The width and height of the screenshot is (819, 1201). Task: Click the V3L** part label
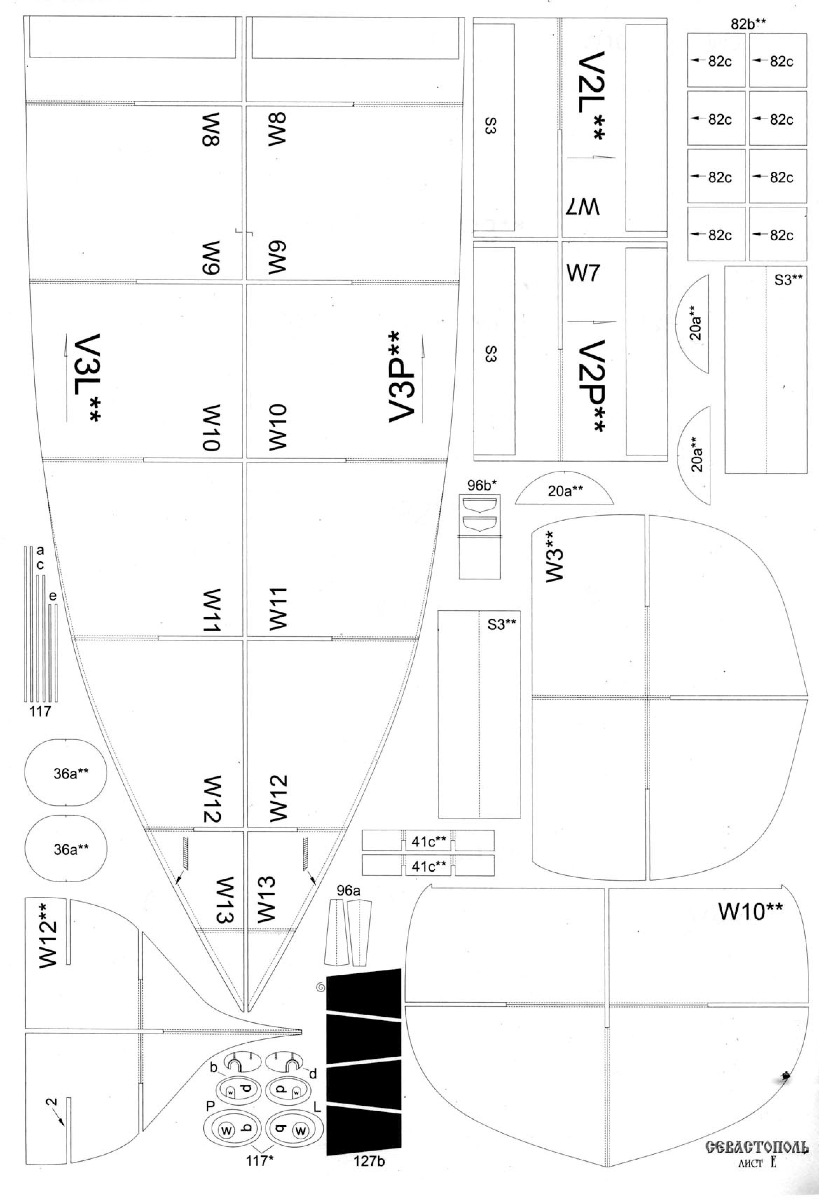pyautogui.click(x=86, y=380)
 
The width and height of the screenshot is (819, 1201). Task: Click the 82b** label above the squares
pyautogui.click(x=748, y=24)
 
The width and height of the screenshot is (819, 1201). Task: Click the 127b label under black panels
pyautogui.click(x=369, y=1161)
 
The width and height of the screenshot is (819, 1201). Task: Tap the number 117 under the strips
pyautogui.click(x=40, y=711)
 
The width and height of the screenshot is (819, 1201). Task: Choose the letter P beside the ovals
pyautogui.click(x=210, y=1105)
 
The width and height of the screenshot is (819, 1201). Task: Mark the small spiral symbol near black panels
pyautogui.click(x=321, y=988)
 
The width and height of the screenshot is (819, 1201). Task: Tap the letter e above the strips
pyautogui.click(x=53, y=596)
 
